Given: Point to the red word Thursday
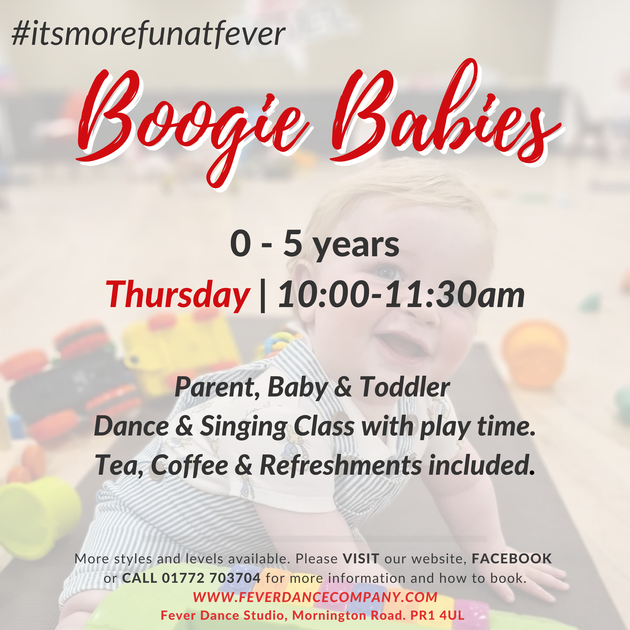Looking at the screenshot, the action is pos(178,295).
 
